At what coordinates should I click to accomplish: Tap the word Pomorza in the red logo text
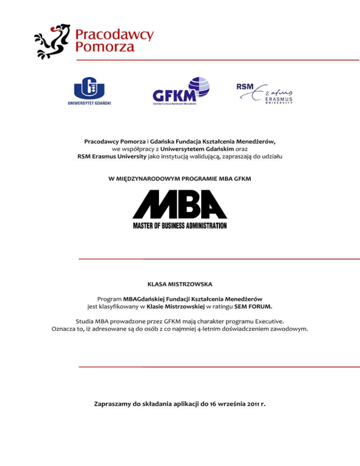pos(105,46)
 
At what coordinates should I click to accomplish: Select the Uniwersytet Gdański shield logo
pos(89,87)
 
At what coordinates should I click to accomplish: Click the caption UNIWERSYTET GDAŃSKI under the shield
pos(89,103)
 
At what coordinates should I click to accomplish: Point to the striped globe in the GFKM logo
pos(198,87)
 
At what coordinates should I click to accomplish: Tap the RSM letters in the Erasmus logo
pos(244,86)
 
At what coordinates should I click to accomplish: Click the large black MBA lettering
pos(180,205)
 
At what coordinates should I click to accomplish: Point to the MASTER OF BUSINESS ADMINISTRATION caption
pos(180,225)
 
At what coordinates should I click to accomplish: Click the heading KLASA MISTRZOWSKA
pos(180,284)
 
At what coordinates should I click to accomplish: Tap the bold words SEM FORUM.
pos(257,307)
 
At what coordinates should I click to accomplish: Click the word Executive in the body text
pos(269,322)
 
